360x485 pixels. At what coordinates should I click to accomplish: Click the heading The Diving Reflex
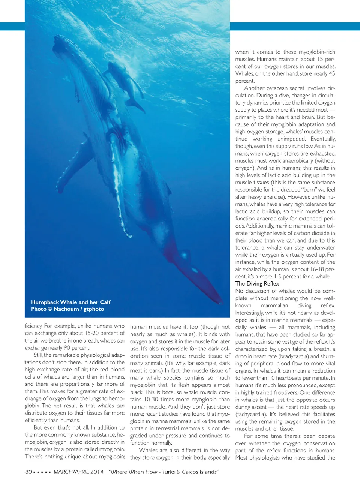(257, 284)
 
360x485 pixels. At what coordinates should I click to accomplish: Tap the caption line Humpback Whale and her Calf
(70, 302)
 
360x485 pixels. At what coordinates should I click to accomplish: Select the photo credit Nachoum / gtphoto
(79, 309)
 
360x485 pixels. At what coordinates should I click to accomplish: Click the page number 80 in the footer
(28, 472)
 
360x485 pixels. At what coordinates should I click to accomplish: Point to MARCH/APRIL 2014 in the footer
(78, 472)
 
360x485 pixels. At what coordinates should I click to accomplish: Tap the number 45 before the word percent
(332, 74)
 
